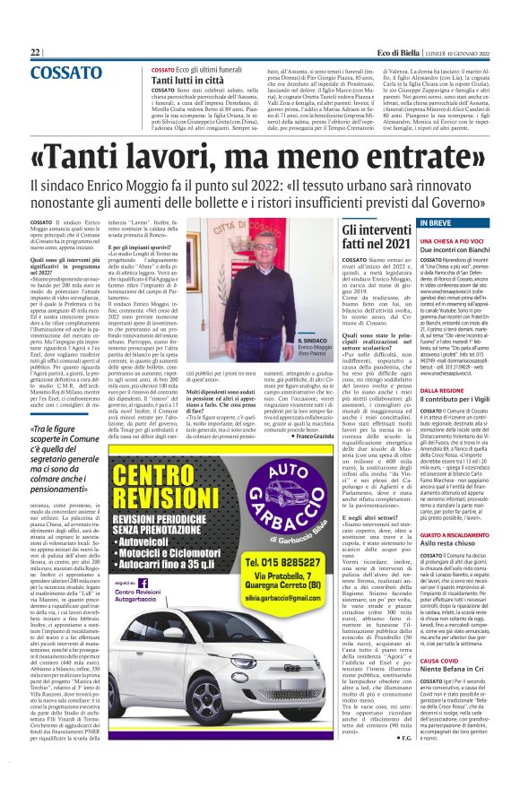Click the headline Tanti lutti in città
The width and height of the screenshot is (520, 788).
pos(186,80)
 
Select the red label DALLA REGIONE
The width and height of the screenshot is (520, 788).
pos(441,391)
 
